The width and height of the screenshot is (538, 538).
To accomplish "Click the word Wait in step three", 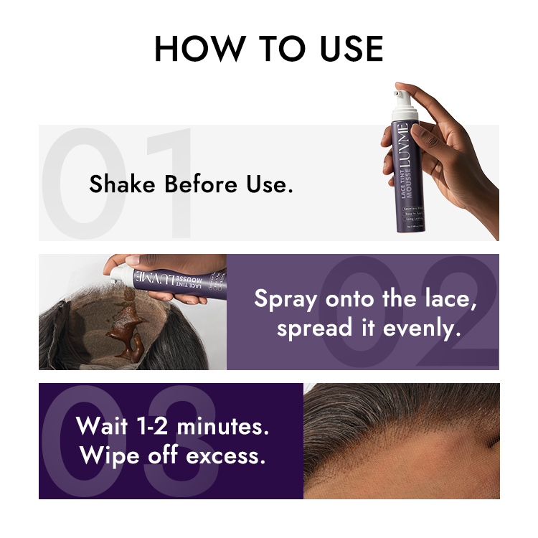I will tap(102, 426).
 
